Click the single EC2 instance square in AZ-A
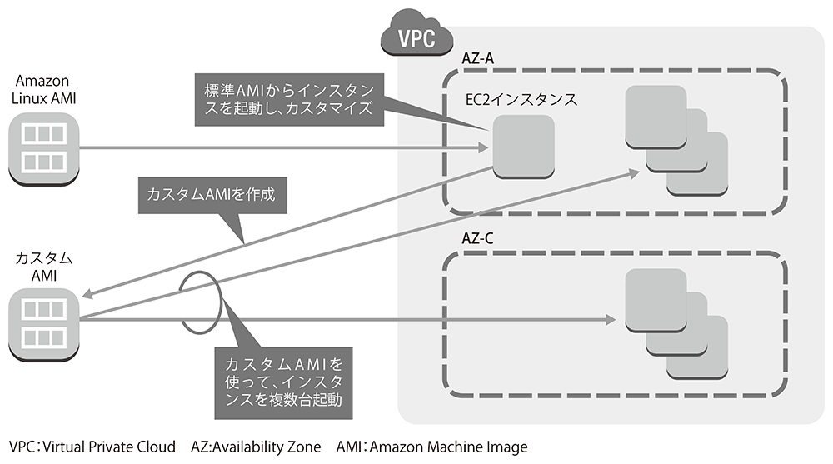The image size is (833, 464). click(x=523, y=147)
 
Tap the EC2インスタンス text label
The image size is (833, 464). click(x=521, y=99)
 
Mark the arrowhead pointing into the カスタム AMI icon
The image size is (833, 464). click(x=88, y=294)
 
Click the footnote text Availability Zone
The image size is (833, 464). click(x=267, y=447)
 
